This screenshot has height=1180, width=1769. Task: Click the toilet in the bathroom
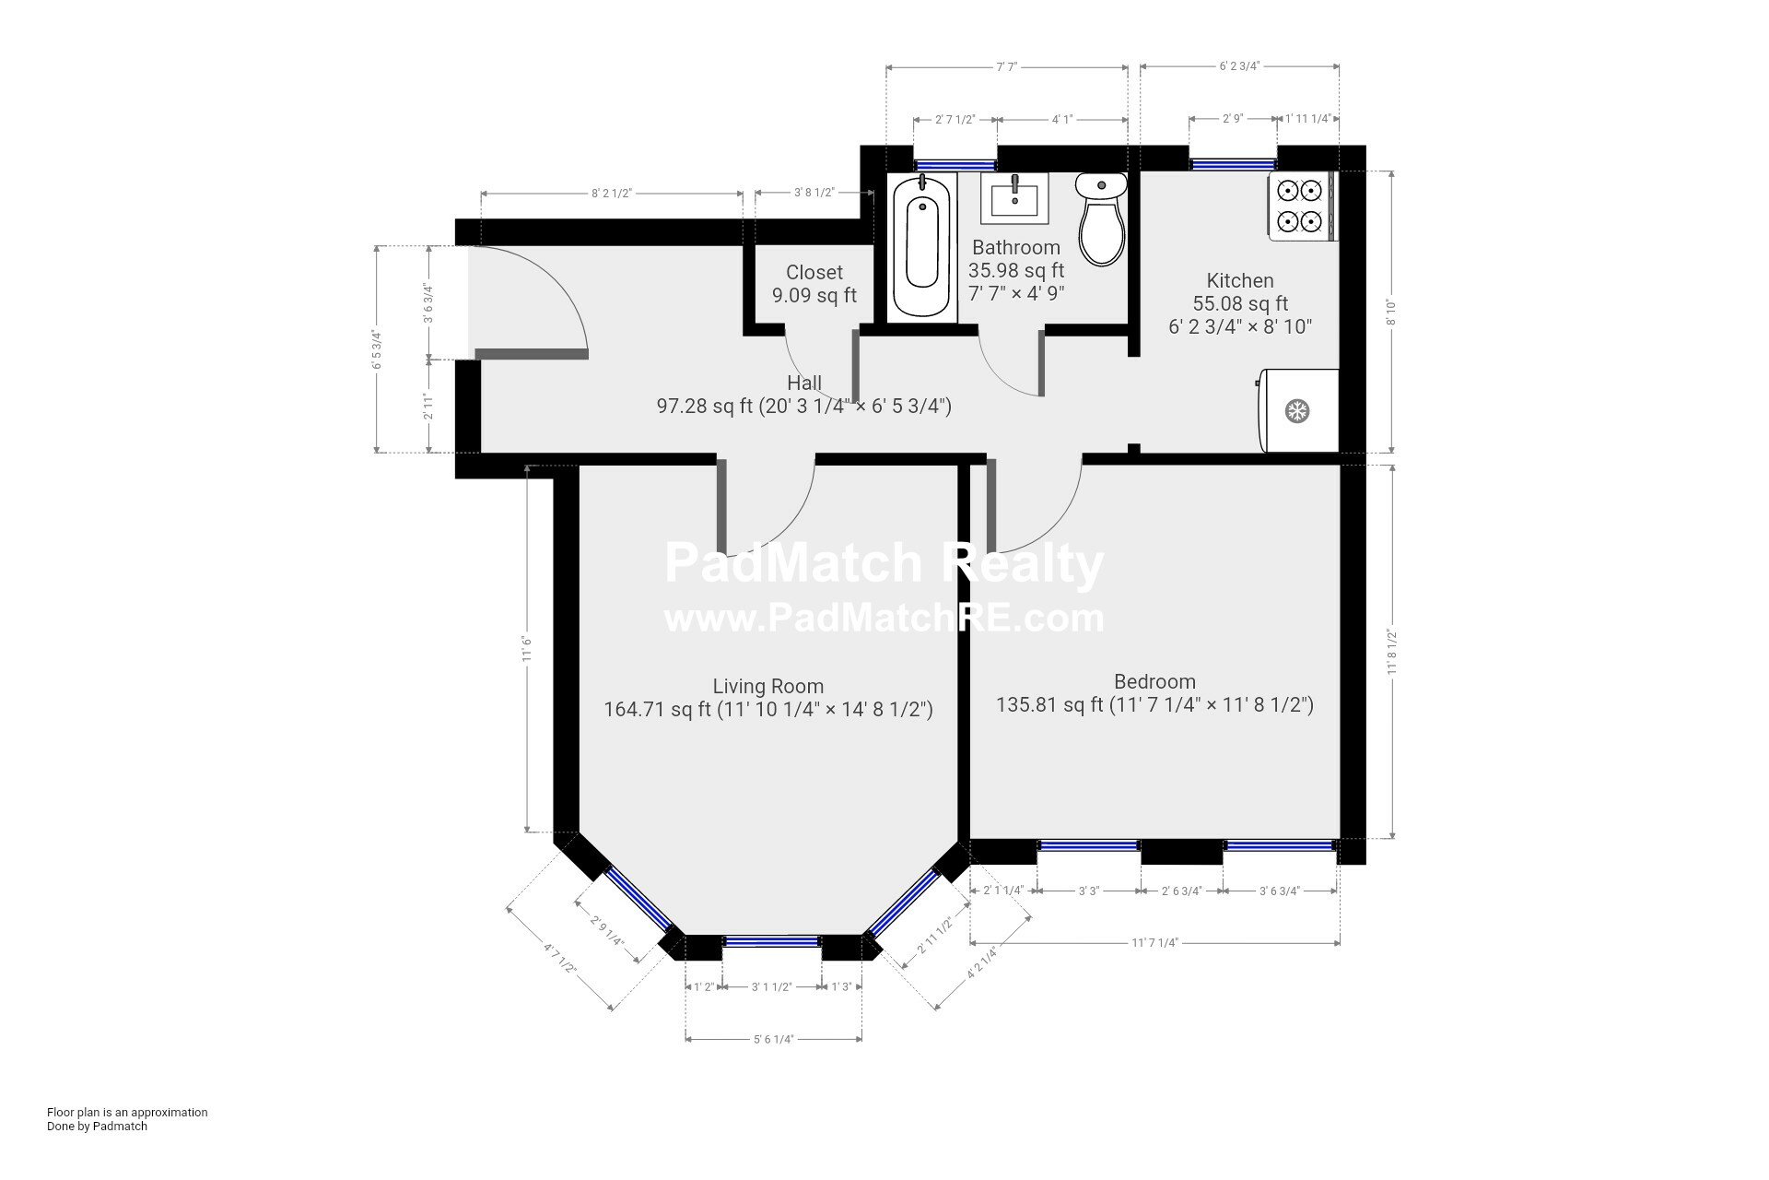tap(1102, 219)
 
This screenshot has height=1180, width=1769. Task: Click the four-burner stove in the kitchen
tap(1302, 206)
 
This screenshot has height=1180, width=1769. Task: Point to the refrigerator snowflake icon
tap(1297, 411)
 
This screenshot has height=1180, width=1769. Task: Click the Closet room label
tap(814, 273)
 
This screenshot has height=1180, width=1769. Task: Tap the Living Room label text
tap(767, 686)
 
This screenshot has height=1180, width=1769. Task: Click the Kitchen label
tap(1240, 280)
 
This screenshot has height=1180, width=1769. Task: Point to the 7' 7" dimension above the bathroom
tap(1006, 66)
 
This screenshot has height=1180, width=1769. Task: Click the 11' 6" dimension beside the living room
tap(527, 648)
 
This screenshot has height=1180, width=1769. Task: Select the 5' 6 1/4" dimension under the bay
tap(773, 1039)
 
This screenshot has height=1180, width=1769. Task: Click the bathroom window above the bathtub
tap(955, 165)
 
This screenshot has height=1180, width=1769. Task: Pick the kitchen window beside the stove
tap(1232, 165)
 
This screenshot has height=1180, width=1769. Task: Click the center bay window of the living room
tap(771, 941)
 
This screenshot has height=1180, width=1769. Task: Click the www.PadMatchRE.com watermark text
tap(884, 618)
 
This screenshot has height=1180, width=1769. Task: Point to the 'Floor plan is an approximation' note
tap(127, 1112)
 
